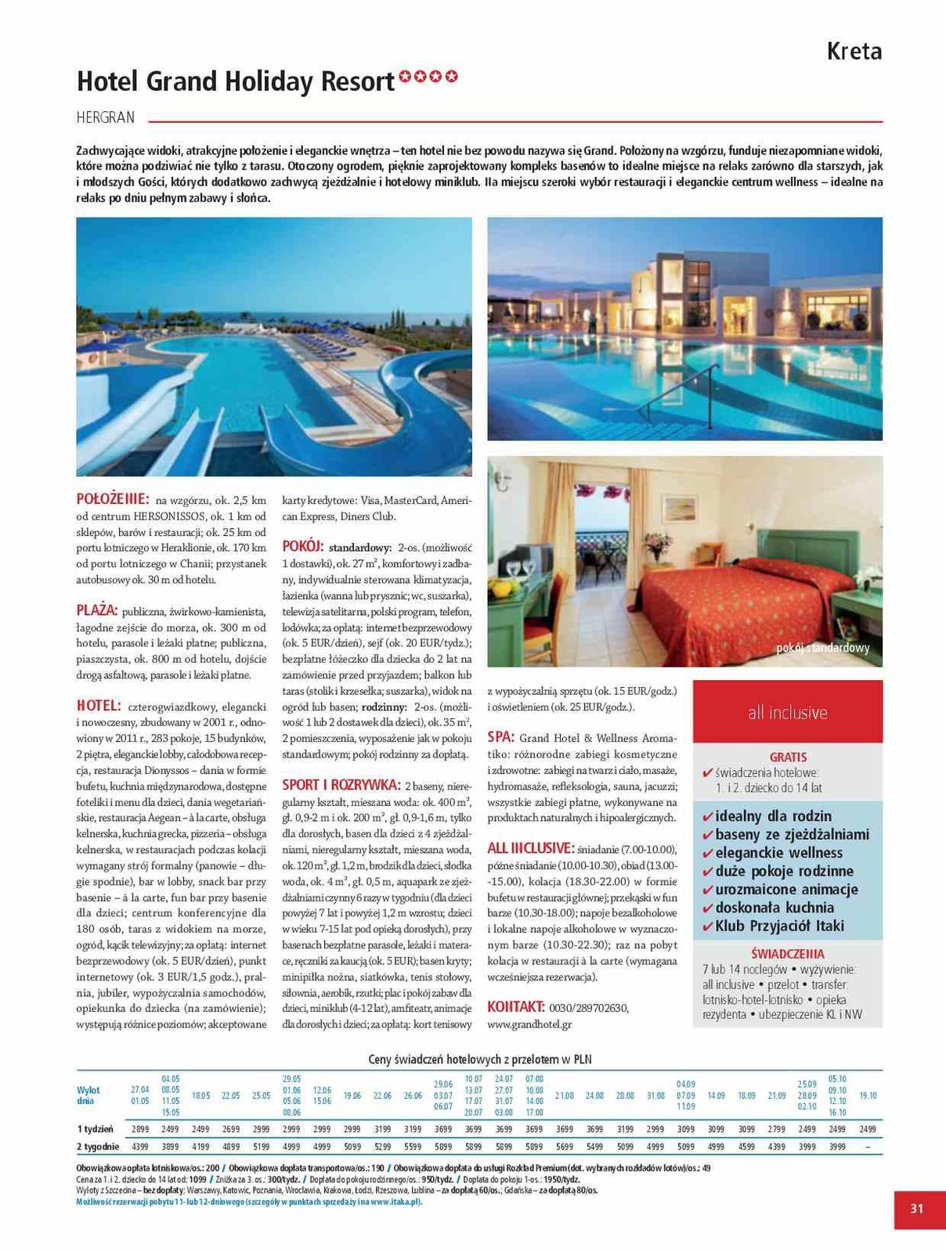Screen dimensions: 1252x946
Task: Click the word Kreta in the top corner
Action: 854,52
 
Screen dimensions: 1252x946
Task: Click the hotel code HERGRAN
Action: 106,118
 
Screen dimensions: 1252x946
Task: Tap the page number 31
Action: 917,1208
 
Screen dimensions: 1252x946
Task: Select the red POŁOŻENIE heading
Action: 113,498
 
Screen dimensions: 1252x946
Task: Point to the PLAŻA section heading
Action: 97,610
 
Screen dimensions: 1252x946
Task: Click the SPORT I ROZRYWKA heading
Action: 341,785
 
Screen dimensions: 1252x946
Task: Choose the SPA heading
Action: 500,737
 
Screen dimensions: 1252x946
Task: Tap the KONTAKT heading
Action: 516,1006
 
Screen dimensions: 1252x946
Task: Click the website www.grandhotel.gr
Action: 529,1024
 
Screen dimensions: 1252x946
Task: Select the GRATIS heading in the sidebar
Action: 788,757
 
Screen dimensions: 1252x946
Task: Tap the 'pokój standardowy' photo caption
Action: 822,649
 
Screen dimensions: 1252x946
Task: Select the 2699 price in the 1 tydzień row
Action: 230,1129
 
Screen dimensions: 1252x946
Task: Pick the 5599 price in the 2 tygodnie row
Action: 413,1146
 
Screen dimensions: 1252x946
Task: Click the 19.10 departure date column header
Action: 868,1095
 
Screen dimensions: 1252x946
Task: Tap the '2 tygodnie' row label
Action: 98,1146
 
